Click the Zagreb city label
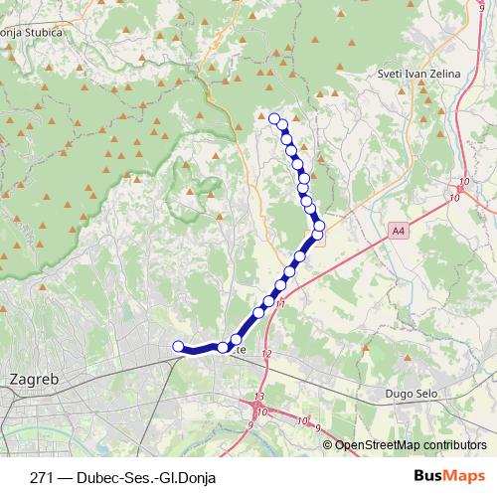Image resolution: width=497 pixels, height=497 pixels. pyautogui.click(x=33, y=379)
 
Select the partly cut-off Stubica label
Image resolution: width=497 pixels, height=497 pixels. pyautogui.click(x=32, y=32)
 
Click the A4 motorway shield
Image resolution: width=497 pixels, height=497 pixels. pyautogui.click(x=398, y=232)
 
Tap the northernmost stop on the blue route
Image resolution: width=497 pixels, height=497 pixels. pyautogui.click(x=274, y=119)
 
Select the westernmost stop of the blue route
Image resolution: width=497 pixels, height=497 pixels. pyautogui.click(x=179, y=346)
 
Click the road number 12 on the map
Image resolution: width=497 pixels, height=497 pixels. pyautogui.click(x=265, y=353)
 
